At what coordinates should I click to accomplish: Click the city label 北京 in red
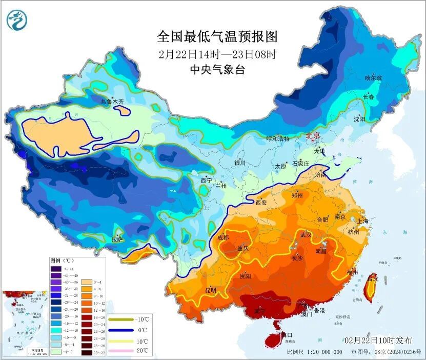coord(313,136)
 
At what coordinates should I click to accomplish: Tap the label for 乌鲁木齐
coord(112,102)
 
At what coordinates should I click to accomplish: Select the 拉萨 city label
coord(117,239)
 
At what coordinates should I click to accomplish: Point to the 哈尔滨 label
coord(373,78)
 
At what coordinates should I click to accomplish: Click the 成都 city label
coord(223,237)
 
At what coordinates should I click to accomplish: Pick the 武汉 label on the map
coord(306,234)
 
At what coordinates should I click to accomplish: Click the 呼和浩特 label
coord(277,139)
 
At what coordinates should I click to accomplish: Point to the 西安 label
coord(261,203)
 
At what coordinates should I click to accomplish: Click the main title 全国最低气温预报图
coord(217,36)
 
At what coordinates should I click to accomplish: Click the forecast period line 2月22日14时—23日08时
coord(217,53)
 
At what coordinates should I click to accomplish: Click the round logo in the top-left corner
coord(16,19)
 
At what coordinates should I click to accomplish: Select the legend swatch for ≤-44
coord(55,268)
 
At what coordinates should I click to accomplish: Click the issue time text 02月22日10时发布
coord(378,341)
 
